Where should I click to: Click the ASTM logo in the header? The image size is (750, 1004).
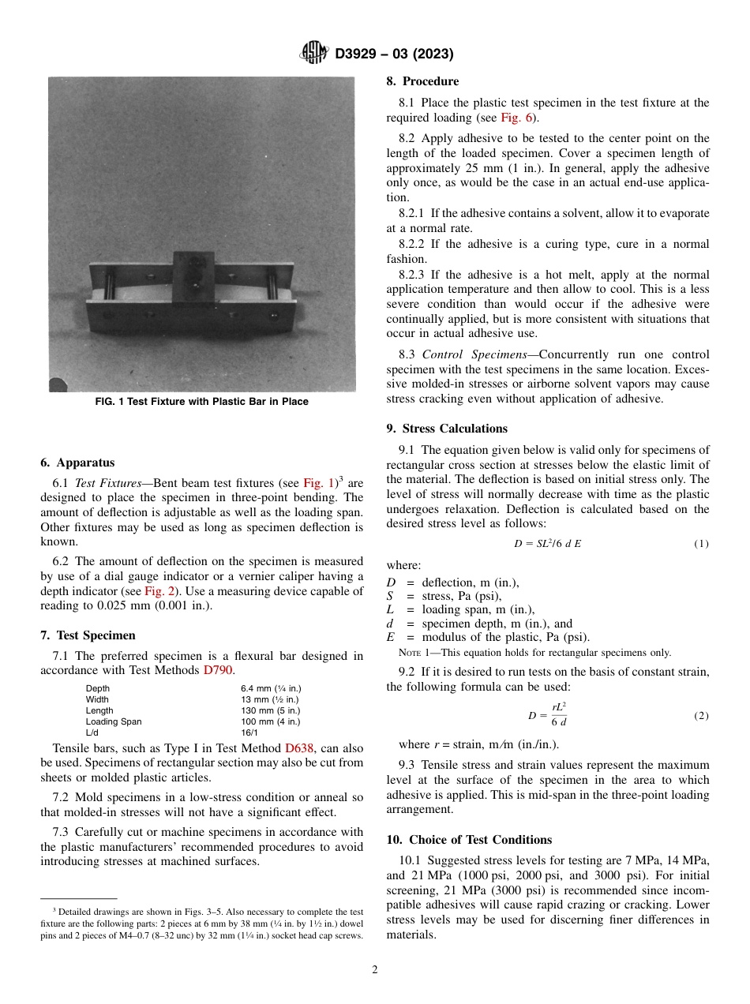pyautogui.click(x=313, y=54)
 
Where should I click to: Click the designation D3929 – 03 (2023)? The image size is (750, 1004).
pyautogui.click(x=394, y=54)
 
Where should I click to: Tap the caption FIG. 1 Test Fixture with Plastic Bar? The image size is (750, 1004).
pyautogui.click(x=201, y=402)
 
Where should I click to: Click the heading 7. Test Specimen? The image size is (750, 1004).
pyautogui.click(x=88, y=635)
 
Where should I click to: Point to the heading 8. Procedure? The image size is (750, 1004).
pyautogui.click(x=422, y=81)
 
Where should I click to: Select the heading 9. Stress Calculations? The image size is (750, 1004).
pyautogui.click(x=447, y=429)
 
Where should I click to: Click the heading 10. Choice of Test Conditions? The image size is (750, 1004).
pyautogui.click(x=469, y=840)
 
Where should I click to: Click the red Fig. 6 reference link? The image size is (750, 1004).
pyautogui.click(x=517, y=118)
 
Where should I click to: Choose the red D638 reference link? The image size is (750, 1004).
pyautogui.click(x=299, y=748)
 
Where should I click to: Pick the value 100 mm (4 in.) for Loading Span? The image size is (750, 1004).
pyautogui.click(x=270, y=721)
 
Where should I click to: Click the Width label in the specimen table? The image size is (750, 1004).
pyautogui.click(x=97, y=699)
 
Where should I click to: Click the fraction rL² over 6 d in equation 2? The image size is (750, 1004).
pyautogui.click(x=558, y=715)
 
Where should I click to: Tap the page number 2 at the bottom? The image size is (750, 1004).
pyautogui.click(x=375, y=970)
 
